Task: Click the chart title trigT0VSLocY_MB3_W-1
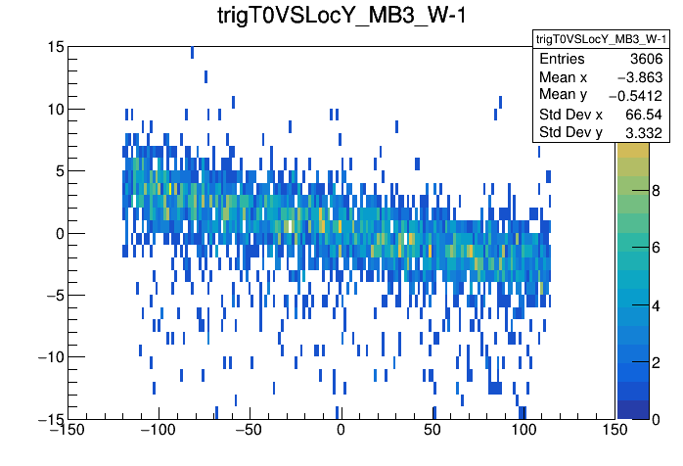point(341,17)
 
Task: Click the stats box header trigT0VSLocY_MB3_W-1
point(601,39)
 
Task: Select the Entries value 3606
point(645,60)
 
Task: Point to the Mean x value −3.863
point(641,77)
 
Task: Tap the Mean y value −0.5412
point(637,96)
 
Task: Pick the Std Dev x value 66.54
point(644,114)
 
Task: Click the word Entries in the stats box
point(563,60)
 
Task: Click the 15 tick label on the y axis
point(55,47)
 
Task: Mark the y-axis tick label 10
point(55,109)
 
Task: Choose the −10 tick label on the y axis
point(47,356)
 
